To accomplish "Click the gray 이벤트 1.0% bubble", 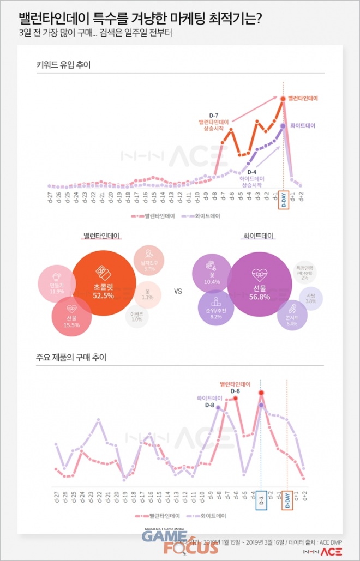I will point(136,316).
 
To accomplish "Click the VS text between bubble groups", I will point(177,291).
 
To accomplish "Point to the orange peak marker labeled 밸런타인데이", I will point(283,98).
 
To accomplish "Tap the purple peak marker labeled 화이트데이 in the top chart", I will point(283,125).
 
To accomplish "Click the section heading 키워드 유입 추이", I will point(63,65).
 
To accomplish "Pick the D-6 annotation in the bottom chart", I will point(235,391).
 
